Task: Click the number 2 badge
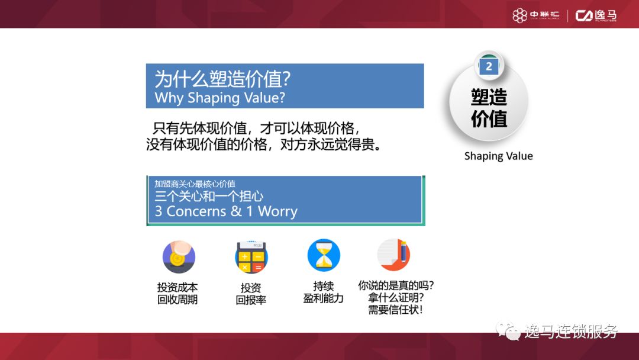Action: pos(488,67)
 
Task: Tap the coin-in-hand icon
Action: pos(179,256)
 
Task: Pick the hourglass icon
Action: pos(324,255)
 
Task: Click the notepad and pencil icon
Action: pos(394,255)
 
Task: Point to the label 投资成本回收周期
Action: pos(177,293)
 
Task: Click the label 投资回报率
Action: pos(251,293)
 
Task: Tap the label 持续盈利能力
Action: pos(324,292)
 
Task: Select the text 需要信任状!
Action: pos(395,310)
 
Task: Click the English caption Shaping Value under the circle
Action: pos(498,156)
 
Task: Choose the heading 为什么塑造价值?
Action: pos(222,79)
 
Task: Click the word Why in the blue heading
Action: pos(169,98)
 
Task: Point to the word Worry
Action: pos(277,211)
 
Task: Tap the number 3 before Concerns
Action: pos(159,211)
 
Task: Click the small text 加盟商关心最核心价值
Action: pos(195,184)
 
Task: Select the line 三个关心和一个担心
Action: pos(209,196)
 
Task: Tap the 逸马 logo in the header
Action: pos(596,15)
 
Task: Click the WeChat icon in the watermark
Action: pos(508,331)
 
